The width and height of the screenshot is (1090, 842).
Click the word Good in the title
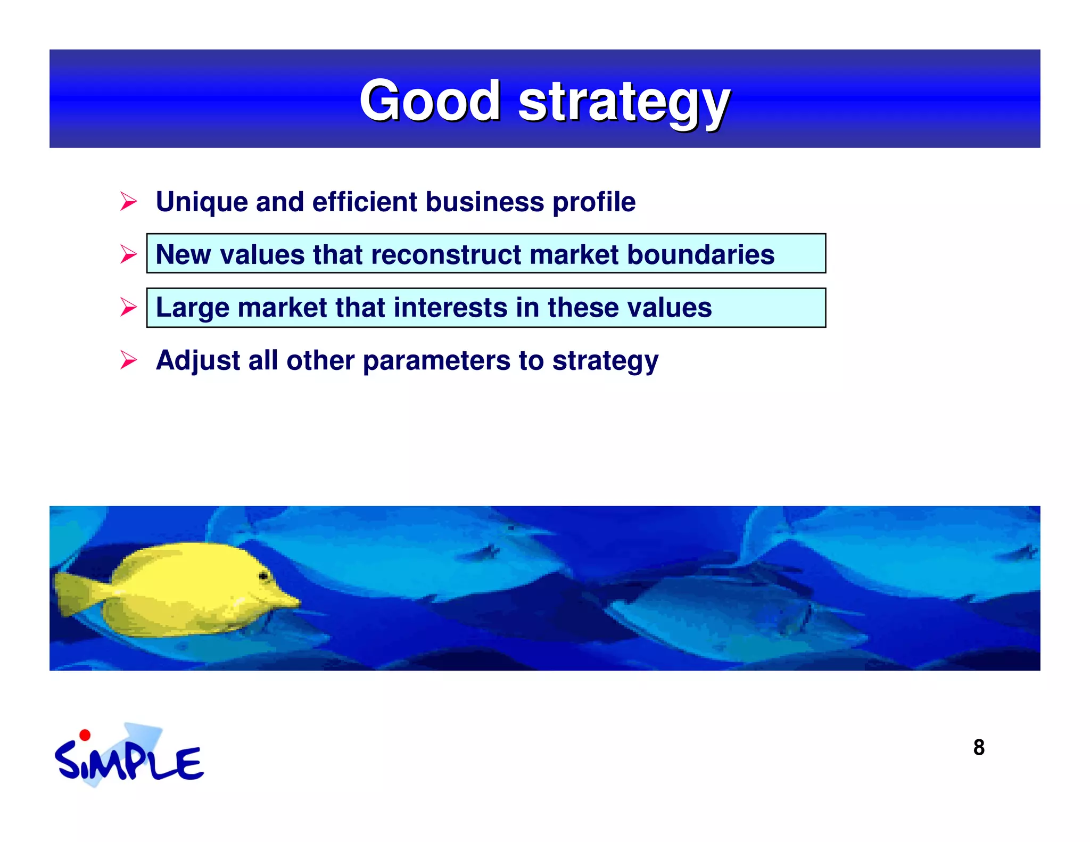(x=430, y=101)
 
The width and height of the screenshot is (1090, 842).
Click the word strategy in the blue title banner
(x=624, y=102)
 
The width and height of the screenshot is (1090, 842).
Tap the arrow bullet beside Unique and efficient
(x=128, y=202)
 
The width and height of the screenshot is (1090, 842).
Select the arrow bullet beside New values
(x=128, y=254)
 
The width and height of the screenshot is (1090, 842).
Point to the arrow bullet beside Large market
(x=128, y=307)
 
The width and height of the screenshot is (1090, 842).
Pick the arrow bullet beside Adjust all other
(x=128, y=360)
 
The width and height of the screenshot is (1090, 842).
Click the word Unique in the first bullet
(x=202, y=202)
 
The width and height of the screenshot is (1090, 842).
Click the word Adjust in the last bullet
(x=198, y=361)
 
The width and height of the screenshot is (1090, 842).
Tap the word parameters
(x=436, y=361)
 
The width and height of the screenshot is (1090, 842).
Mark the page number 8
(x=979, y=747)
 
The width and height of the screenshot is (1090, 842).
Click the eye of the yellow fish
(x=263, y=576)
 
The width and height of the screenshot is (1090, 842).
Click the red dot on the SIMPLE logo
(x=85, y=736)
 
